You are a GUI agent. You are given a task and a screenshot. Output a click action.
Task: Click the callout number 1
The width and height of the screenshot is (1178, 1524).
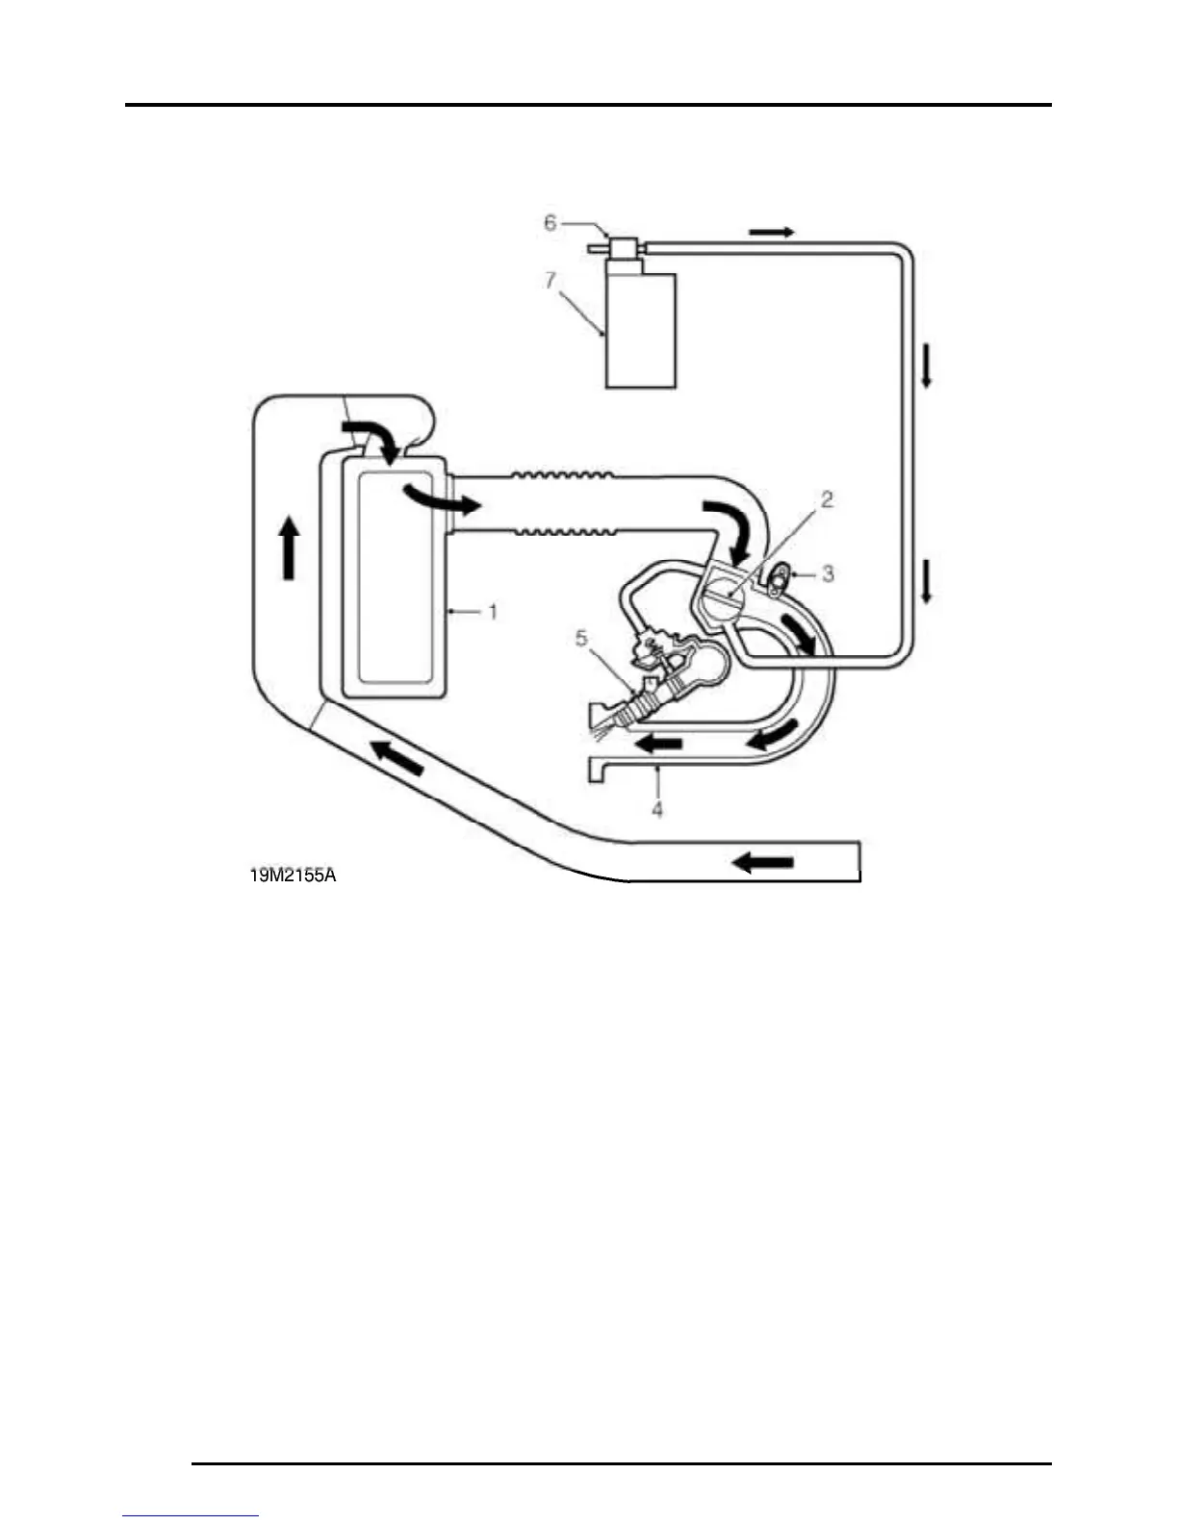point(493,611)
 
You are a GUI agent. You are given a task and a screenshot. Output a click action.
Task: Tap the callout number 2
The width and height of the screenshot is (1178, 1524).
point(826,499)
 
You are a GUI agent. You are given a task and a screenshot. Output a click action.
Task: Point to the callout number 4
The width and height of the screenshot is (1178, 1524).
point(657,809)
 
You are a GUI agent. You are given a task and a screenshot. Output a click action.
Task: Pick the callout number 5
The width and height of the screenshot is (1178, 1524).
point(581,638)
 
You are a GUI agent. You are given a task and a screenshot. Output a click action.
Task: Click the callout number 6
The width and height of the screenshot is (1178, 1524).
point(551,223)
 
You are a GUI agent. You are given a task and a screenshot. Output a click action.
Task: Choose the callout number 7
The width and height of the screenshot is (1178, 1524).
point(551,280)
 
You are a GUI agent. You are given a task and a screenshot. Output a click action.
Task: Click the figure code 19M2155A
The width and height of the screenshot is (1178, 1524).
point(292,876)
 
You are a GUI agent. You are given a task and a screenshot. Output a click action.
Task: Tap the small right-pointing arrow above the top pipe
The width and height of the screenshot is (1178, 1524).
point(772,232)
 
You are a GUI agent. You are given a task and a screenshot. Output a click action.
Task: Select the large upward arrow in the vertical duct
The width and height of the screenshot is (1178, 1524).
point(288,547)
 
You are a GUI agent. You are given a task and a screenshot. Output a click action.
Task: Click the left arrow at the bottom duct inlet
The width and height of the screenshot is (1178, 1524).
point(763,862)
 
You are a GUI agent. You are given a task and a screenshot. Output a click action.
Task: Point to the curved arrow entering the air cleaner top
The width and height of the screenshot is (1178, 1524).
point(371,438)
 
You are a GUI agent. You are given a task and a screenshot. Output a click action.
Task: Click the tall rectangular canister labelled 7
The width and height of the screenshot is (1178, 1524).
point(640,330)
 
